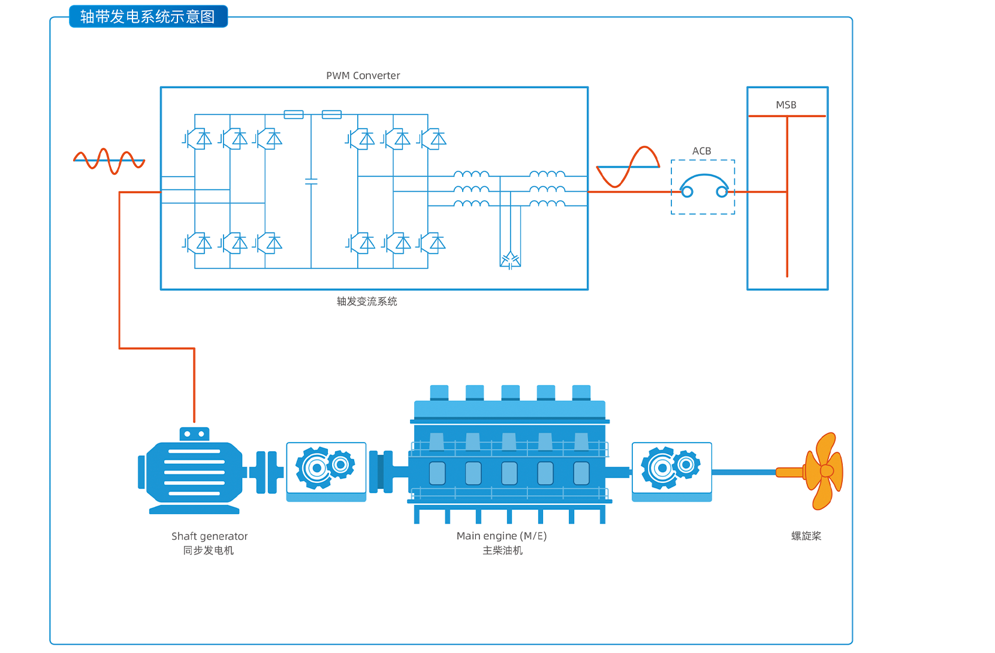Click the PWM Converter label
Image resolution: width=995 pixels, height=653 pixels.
pos(363,75)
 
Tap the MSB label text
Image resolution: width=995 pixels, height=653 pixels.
pos(786,105)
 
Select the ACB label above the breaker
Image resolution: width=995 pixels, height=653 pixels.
pos(701,151)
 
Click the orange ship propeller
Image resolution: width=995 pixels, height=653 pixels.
pos(823,471)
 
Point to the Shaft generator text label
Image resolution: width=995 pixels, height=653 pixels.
pos(209,536)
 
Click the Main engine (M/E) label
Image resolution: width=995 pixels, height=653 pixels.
pos(501,536)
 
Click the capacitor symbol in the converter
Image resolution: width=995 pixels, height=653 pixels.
pos(311,181)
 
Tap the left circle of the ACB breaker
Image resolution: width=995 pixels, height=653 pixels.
pos(687,192)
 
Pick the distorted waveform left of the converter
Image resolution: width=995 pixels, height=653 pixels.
pos(109,161)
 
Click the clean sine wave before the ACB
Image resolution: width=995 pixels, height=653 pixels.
pos(628,167)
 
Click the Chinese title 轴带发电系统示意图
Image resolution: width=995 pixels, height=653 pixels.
pos(147,17)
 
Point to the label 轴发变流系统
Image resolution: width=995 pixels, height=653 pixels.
pos(367,301)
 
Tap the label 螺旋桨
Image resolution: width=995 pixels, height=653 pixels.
pos(806,536)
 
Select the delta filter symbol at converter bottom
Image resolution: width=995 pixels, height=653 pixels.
pos(510,260)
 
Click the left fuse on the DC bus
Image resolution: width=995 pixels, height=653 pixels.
pos(294,114)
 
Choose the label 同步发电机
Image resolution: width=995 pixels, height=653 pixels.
pos(208,551)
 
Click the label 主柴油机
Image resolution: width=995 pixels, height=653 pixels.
pos(502,551)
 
